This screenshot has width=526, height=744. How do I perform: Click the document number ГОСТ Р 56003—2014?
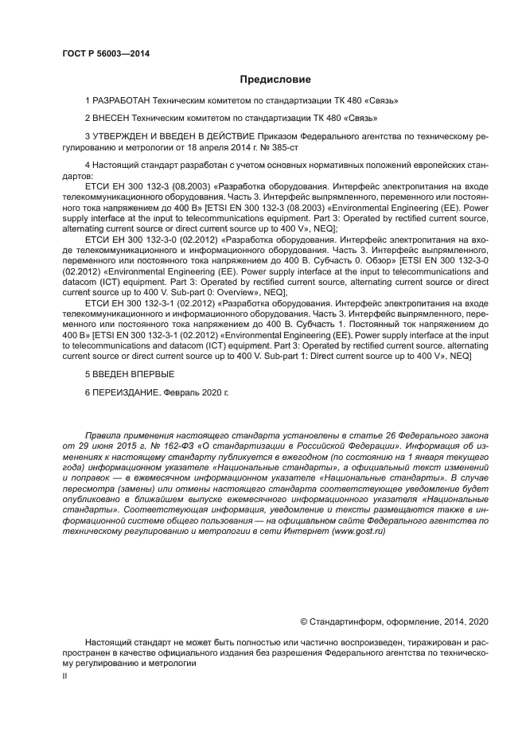[106, 53]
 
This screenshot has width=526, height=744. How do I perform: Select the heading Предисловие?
[275, 80]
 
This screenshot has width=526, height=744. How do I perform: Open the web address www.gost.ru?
[360, 530]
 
